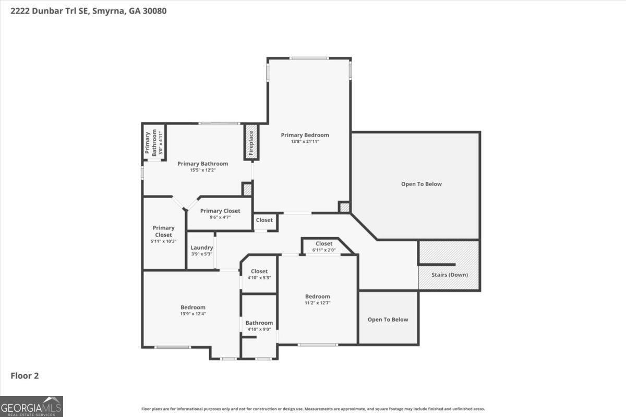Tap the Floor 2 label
click(x=25, y=375)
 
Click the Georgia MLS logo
click(x=31, y=406)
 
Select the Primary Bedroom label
click(x=305, y=135)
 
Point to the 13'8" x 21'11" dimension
click(x=305, y=141)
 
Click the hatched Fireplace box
click(x=251, y=142)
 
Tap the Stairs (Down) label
click(x=449, y=275)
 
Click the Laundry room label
click(x=201, y=248)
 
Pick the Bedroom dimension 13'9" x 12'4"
click(x=193, y=314)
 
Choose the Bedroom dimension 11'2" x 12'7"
click(x=317, y=303)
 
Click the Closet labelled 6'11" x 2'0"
click(x=323, y=247)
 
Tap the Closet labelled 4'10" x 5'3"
click(x=259, y=274)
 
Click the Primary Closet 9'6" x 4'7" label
click(x=220, y=214)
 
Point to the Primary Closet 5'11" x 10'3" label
click(x=163, y=235)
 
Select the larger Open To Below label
click(x=421, y=184)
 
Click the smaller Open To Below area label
click(x=388, y=320)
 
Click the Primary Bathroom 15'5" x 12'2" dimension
click(x=202, y=170)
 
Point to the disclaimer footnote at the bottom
click(x=313, y=409)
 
